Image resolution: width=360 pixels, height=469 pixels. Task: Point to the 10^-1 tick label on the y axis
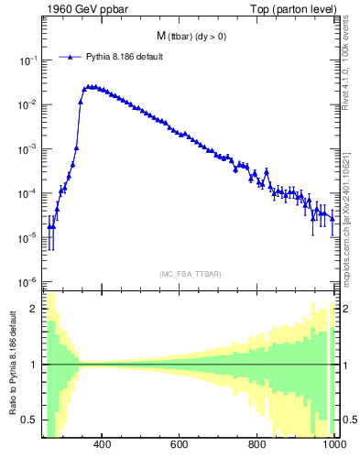click(28, 60)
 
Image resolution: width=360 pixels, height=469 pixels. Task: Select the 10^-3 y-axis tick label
click(28, 149)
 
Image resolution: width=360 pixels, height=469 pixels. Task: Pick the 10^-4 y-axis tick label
click(28, 193)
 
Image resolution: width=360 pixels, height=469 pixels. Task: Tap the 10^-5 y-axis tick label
click(28, 238)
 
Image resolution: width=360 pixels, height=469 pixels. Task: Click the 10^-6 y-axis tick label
click(28, 282)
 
